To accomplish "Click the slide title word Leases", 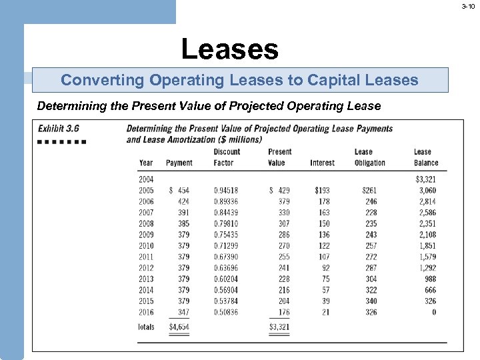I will coord(229,49).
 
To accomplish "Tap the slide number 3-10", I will coord(469,6).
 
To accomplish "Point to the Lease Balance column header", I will coord(425,157).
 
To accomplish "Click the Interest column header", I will coord(322,163).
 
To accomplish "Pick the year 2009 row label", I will coord(146,235).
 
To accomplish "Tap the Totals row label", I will coord(146,327).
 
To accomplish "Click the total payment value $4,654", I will coord(179,327).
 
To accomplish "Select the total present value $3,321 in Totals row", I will coord(279,327).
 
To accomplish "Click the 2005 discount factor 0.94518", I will coord(225,190).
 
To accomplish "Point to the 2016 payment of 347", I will coord(183,312).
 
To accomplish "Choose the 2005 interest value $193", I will coord(322,190).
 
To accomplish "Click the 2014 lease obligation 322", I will coord(371,290).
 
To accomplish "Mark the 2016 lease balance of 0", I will coord(434,312).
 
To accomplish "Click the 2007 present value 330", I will coord(284,212).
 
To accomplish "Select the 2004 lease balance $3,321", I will coord(425,179).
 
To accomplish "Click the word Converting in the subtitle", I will coord(103,81).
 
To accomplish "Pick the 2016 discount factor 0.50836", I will coord(225,312).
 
